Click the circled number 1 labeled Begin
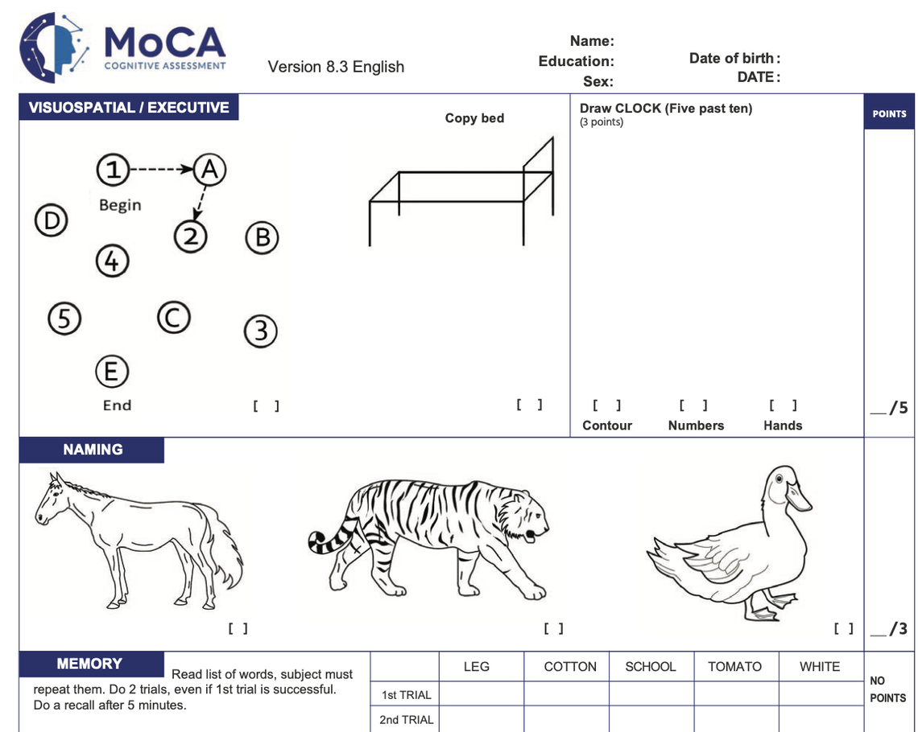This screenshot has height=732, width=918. [114, 169]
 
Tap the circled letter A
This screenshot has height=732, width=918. [209, 169]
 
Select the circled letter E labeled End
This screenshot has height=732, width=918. [112, 372]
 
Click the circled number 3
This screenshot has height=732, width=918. [260, 331]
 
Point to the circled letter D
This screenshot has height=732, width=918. [51, 220]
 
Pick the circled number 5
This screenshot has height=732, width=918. [64, 319]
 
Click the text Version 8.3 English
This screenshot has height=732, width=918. [336, 67]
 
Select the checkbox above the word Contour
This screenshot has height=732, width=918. [606, 405]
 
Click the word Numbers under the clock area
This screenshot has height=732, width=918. [696, 426]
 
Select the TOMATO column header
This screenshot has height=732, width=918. [734, 666]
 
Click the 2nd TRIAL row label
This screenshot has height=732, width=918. [406, 719]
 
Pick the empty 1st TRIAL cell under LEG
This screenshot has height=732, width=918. [481, 694]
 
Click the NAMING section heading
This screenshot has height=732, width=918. [93, 450]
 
